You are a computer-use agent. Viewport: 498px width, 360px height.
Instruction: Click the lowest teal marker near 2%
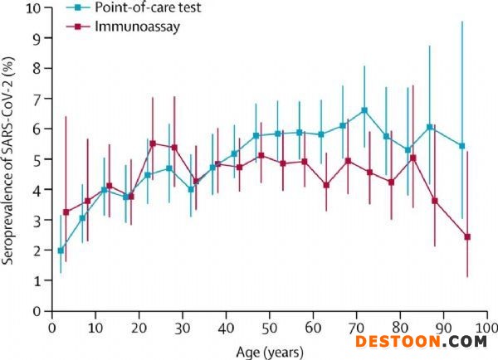tap(61, 250)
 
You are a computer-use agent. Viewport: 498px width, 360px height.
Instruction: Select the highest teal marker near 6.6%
tap(364, 110)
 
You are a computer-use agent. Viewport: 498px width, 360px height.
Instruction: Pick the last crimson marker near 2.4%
tap(467, 237)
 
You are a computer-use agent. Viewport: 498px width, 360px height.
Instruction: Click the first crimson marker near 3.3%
tap(66, 212)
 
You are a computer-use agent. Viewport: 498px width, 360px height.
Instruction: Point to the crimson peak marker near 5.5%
tap(153, 144)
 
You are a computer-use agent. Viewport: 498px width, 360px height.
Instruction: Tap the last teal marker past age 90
tap(462, 146)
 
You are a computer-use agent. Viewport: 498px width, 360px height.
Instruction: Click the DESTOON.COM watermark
tap(421, 340)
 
